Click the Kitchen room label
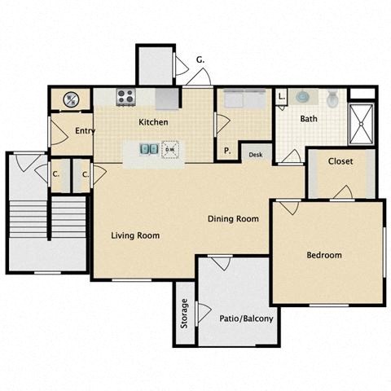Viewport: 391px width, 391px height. click(x=153, y=122)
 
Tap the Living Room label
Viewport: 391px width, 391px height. click(x=135, y=235)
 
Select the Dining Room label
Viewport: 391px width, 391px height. click(x=233, y=218)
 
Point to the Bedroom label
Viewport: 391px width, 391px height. click(x=323, y=255)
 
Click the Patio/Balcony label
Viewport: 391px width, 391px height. click(x=246, y=318)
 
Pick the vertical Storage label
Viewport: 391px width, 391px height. click(x=185, y=314)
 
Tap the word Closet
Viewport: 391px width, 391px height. click(x=340, y=161)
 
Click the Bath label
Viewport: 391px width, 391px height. click(x=309, y=119)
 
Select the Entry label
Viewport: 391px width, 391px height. click(x=85, y=130)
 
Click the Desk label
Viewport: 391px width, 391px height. click(x=255, y=154)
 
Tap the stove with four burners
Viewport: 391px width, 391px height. click(x=125, y=97)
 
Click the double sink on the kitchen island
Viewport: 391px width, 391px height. click(x=149, y=150)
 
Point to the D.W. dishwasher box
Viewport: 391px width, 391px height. click(x=170, y=150)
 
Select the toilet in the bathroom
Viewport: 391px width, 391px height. click(x=332, y=99)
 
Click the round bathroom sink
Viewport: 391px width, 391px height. click(x=303, y=96)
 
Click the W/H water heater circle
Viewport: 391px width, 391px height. click(x=71, y=99)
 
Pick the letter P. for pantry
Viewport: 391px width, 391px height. click(x=227, y=150)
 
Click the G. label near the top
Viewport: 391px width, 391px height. click(x=200, y=59)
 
